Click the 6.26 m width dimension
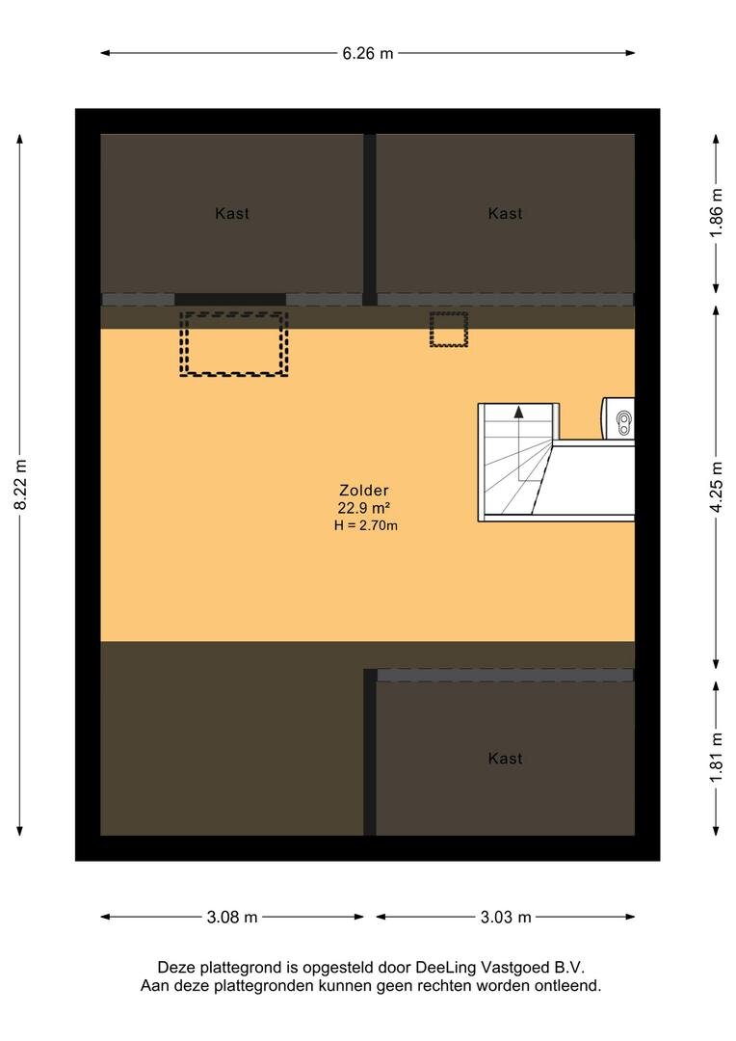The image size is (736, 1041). [x=368, y=53]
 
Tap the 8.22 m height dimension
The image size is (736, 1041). [x=20, y=485]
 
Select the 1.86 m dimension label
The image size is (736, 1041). [x=716, y=212]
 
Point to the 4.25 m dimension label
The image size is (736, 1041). [x=716, y=488]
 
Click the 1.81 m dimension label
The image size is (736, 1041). [x=716, y=758]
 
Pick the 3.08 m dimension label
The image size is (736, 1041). [x=231, y=917]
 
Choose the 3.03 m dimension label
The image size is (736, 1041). [x=506, y=917]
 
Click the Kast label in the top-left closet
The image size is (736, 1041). [x=232, y=213]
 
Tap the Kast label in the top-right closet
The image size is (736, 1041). [x=505, y=213]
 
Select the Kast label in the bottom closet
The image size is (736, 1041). [x=505, y=759]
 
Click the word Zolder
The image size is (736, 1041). [x=364, y=490]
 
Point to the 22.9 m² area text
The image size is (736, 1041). [x=364, y=508]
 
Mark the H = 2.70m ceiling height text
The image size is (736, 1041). [x=366, y=526]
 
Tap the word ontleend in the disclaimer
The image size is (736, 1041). [x=570, y=986]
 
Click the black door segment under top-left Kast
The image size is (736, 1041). [x=230, y=300]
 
